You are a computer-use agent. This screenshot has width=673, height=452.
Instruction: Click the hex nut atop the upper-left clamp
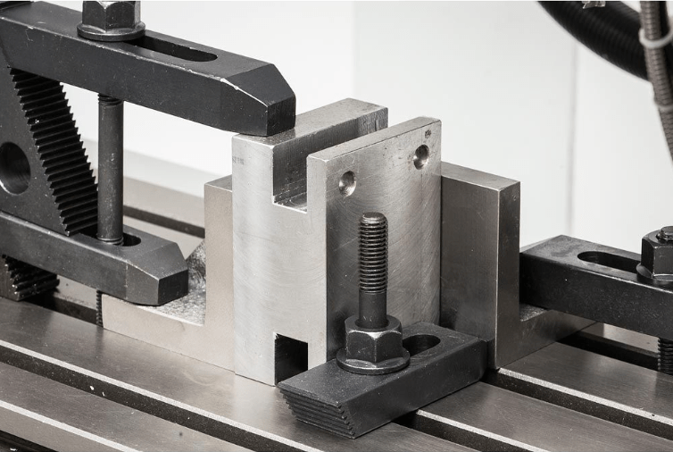pyautogui.click(x=110, y=17)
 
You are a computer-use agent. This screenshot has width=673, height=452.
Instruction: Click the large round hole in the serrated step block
pyautogui.click(x=12, y=167)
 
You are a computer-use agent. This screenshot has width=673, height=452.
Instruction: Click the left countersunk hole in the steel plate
pyautogui.click(x=347, y=183)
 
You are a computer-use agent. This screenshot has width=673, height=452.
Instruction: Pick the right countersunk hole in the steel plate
pyautogui.click(x=421, y=156)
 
